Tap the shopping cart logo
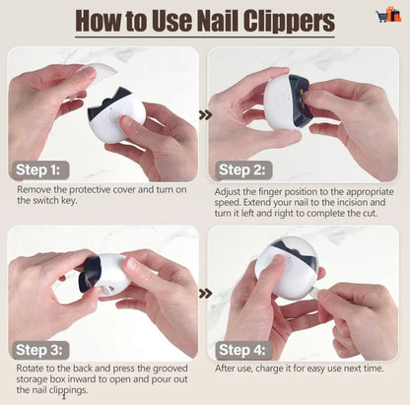pyautogui.click(x=388, y=15)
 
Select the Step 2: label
pyautogui.click(x=242, y=170)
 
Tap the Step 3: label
pyautogui.click(x=39, y=350)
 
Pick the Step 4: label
pyautogui.click(x=242, y=350)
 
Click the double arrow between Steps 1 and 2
pyautogui.click(x=205, y=115)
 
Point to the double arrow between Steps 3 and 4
pyautogui.click(x=205, y=294)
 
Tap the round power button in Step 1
pyautogui.click(x=115, y=117)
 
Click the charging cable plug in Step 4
pyautogui.click(x=314, y=293)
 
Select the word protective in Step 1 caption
pyautogui.click(x=90, y=189)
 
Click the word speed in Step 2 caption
pyautogui.click(x=227, y=202)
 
